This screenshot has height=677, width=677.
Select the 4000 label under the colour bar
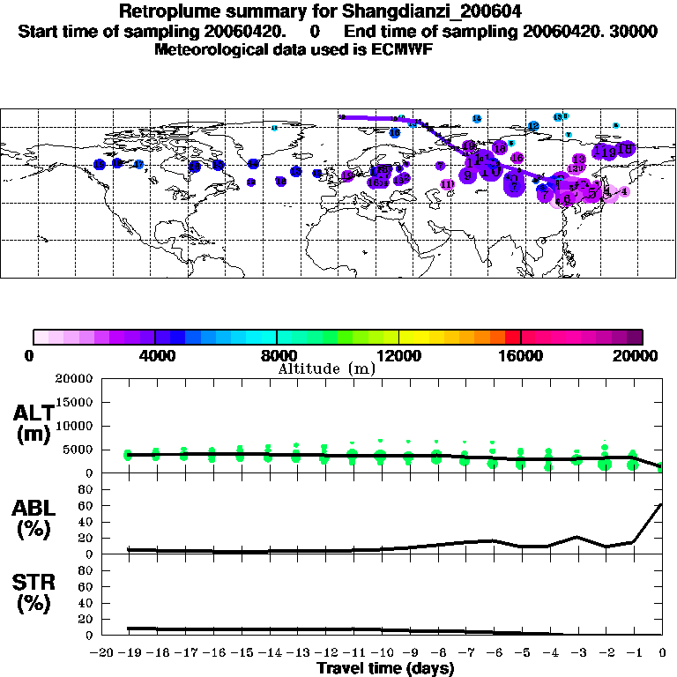[x=154, y=356]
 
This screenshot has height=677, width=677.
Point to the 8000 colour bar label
[x=277, y=356]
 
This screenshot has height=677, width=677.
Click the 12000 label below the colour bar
[x=398, y=356]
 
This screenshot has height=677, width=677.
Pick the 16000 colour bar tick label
[x=521, y=356]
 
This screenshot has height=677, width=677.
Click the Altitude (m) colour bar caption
[x=326, y=368]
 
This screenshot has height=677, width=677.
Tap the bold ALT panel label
[x=34, y=414]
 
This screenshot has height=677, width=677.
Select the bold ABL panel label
[x=34, y=508]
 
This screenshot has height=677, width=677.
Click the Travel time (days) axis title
[x=385, y=669]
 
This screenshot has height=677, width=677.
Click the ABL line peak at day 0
[x=662, y=505]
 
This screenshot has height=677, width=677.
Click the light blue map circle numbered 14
[x=477, y=118]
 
